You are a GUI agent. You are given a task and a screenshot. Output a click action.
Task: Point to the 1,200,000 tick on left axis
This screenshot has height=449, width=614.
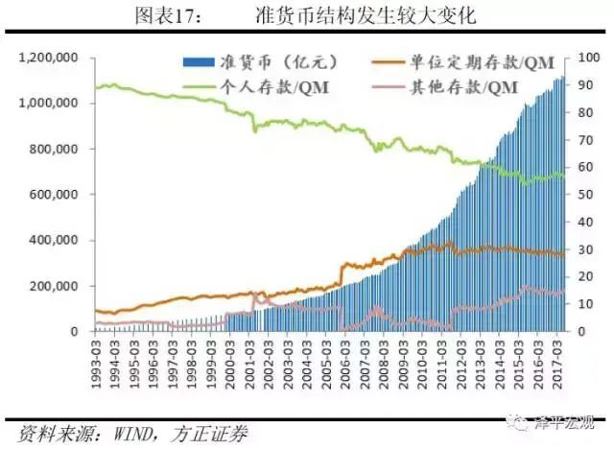[49, 59]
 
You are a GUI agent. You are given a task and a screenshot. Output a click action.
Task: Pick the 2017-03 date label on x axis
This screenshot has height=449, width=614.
[559, 358]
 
